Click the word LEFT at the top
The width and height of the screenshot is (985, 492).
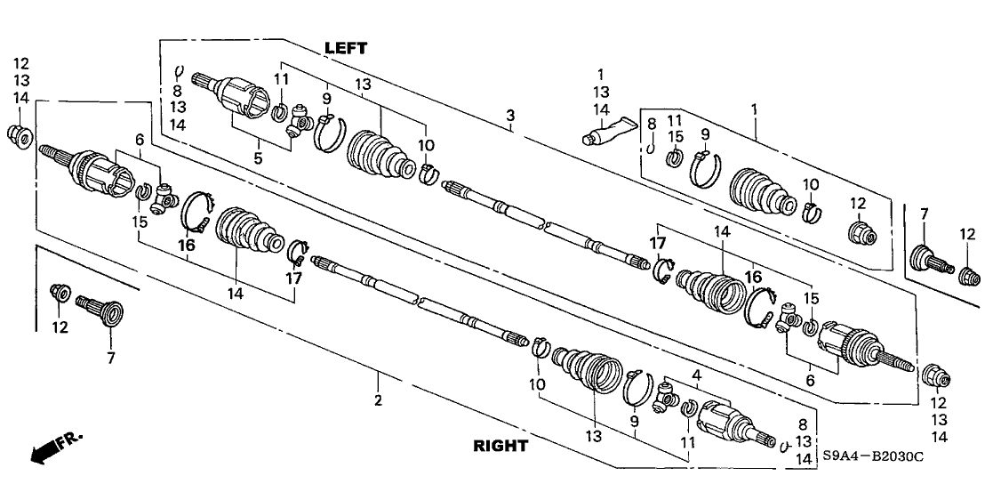(x=345, y=48)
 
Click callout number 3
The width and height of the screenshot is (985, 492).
(x=510, y=116)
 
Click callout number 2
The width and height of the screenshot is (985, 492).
(x=378, y=401)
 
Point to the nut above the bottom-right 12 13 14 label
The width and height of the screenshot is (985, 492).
(x=937, y=376)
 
